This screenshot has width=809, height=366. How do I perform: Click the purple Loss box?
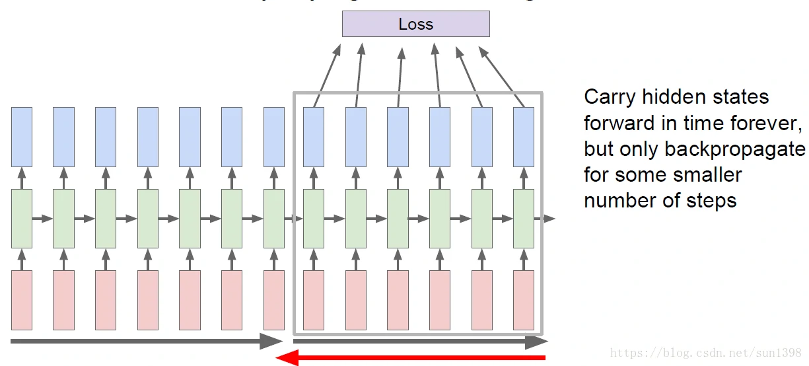pos(415,24)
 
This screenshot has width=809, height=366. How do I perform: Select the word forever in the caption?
pos(766,123)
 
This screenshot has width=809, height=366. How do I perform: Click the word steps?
pos(711,200)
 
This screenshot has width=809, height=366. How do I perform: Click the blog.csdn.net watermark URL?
pos(706,353)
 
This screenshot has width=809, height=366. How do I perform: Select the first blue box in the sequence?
pos(22,137)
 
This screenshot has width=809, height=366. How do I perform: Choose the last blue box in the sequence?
pos(524,137)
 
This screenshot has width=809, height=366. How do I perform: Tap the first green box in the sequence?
pos(22,219)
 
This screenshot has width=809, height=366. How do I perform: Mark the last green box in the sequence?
pos(524,219)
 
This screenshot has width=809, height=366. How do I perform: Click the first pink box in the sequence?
pos(22,299)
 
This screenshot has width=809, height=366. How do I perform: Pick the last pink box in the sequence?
pos(524,299)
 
